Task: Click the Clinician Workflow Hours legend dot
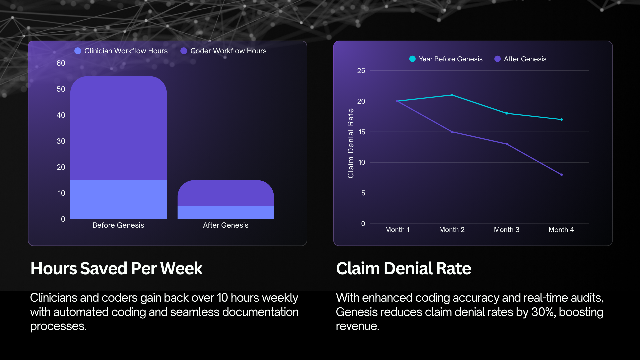point(78,51)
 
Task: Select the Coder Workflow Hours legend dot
point(184,51)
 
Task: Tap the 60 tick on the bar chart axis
point(61,63)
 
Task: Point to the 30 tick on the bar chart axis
point(61,141)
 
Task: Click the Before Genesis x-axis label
point(118,225)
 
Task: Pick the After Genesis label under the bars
point(226,225)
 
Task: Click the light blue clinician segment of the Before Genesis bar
point(118,199)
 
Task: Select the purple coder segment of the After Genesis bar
point(226,193)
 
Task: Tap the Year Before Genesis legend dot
point(412,59)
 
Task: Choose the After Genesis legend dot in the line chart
point(498,59)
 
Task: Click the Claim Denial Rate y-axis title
point(351,143)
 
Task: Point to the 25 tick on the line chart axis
point(361,71)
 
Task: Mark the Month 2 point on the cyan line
point(452,95)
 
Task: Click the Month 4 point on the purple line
point(561,175)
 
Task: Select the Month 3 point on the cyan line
point(507,113)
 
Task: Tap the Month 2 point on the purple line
point(452,132)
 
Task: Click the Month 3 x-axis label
point(507,230)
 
